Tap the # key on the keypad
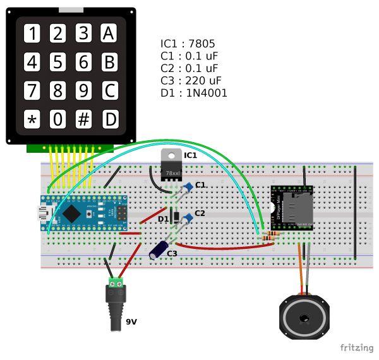point(84,118)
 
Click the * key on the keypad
point(32,118)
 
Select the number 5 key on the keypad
point(58,62)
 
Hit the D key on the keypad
point(111,118)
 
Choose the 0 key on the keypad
point(58,118)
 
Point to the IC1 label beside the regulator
point(190,155)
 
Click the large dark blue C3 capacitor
point(159,247)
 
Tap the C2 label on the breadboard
point(200,213)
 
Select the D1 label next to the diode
point(163,219)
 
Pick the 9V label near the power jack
point(131,322)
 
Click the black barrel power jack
point(116,308)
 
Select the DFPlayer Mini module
point(292,208)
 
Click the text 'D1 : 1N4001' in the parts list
point(194,93)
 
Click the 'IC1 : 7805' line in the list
point(188,44)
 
